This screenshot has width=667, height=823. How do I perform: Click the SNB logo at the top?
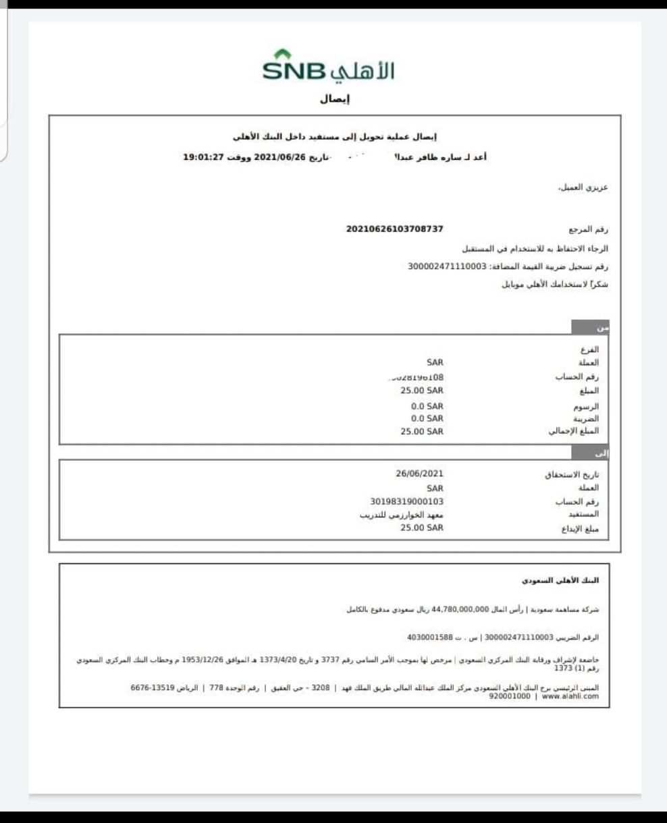tap(329, 68)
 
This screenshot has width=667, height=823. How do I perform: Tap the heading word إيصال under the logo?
tap(334, 100)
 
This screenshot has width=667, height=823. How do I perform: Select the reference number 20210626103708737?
tap(394, 229)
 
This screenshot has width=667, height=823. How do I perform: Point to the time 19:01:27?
tap(203, 157)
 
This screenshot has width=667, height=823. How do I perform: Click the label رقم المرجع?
tap(589, 230)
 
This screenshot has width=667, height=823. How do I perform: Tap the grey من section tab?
tap(591, 327)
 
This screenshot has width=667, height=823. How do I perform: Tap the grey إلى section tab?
tap(591, 453)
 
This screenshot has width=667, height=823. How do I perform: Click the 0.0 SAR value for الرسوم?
tap(427, 406)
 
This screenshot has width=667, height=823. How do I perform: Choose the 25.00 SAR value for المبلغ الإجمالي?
tap(422, 432)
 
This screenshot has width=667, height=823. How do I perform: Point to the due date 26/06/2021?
tap(419, 474)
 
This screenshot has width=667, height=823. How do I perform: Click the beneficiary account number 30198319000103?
tap(402, 501)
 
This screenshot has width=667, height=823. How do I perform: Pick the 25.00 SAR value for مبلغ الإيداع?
tap(422, 528)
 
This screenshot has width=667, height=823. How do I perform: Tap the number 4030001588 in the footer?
tap(430, 637)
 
